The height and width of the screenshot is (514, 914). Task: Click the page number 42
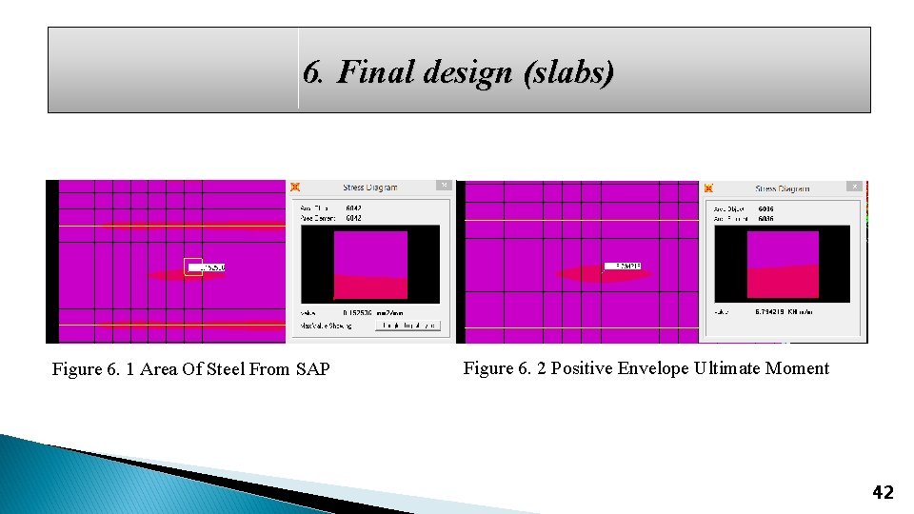883,492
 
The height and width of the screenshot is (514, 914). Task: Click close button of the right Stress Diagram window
856,187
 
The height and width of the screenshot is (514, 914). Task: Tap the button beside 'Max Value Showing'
407,326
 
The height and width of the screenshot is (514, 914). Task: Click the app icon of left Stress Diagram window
295,187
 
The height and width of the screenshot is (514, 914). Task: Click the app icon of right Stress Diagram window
707,188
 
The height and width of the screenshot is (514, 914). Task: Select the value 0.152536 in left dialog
360,312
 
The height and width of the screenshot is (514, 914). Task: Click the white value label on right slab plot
623,267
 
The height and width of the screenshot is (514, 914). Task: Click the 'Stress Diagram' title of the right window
783,188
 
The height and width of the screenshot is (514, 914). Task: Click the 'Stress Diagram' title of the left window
370,188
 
